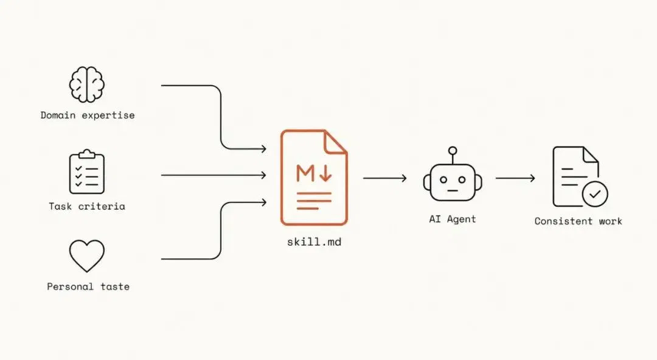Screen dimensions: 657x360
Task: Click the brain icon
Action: [87, 85]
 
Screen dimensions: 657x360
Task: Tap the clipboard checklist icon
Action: [87, 171]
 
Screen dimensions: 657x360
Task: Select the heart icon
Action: [87, 256]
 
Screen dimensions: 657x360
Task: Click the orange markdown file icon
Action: [315, 178]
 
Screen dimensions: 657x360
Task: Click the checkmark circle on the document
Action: [595, 194]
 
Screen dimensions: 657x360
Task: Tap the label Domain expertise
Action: [88, 116]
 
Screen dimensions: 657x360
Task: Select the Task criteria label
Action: [87, 206]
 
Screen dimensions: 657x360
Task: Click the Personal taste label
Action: [88, 286]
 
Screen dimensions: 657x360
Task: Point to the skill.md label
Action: [315, 242]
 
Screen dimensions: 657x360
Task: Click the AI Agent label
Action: [453, 219]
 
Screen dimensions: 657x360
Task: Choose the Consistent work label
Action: [579, 221]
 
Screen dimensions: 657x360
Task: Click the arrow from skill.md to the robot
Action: [384, 178]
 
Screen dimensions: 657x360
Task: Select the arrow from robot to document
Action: [515, 178]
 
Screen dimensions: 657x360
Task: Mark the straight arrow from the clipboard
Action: [214, 175]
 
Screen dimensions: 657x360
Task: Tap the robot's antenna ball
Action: [453, 150]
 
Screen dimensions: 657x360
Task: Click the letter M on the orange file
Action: [305, 173]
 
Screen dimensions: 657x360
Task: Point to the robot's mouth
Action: [453, 190]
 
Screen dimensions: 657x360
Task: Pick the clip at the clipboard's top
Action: [87, 154]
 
